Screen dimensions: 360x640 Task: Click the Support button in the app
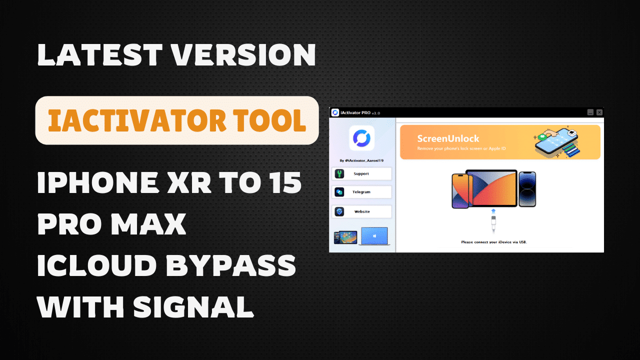pyautogui.click(x=361, y=174)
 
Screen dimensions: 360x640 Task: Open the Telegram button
pyautogui.click(x=361, y=192)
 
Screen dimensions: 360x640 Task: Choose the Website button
pyautogui.click(x=361, y=211)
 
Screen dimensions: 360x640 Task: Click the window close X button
pyautogui.click(x=599, y=112)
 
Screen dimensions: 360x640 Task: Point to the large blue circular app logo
pyautogui.click(x=361, y=138)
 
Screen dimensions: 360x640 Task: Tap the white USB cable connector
pyautogui.click(x=492, y=222)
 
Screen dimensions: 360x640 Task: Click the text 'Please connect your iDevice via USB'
pyautogui.click(x=494, y=242)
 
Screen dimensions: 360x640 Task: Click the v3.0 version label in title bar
pyautogui.click(x=375, y=113)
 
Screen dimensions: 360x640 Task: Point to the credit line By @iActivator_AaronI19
pyautogui.click(x=361, y=160)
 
